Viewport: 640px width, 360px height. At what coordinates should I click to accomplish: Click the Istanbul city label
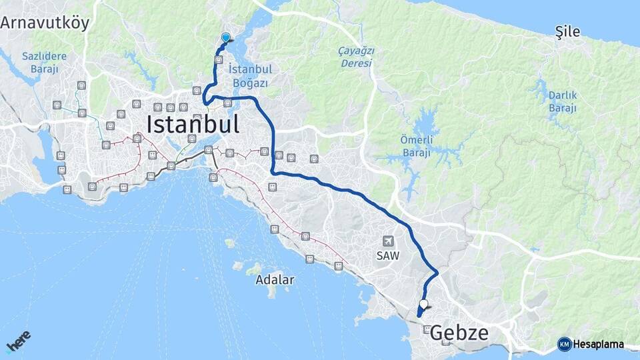(192, 125)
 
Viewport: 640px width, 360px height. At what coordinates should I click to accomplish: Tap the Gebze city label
(459, 333)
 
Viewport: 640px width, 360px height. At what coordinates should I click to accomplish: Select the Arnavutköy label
(45, 23)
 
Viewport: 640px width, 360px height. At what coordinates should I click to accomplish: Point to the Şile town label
(568, 31)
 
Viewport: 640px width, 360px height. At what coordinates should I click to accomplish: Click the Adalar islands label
(275, 280)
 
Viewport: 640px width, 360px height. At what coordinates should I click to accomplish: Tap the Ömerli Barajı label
(416, 146)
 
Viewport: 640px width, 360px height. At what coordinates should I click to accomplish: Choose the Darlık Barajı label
(562, 102)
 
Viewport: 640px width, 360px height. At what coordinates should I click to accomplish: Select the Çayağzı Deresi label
(357, 57)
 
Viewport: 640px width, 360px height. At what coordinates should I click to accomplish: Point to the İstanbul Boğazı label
(251, 76)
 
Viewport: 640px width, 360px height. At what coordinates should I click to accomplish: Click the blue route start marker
(225, 38)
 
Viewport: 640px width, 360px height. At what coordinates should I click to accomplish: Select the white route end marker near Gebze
(423, 303)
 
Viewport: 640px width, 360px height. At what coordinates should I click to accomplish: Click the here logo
(18, 341)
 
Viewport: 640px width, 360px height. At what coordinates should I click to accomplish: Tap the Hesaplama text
(599, 345)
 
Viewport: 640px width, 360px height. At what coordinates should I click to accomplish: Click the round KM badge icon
(564, 344)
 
